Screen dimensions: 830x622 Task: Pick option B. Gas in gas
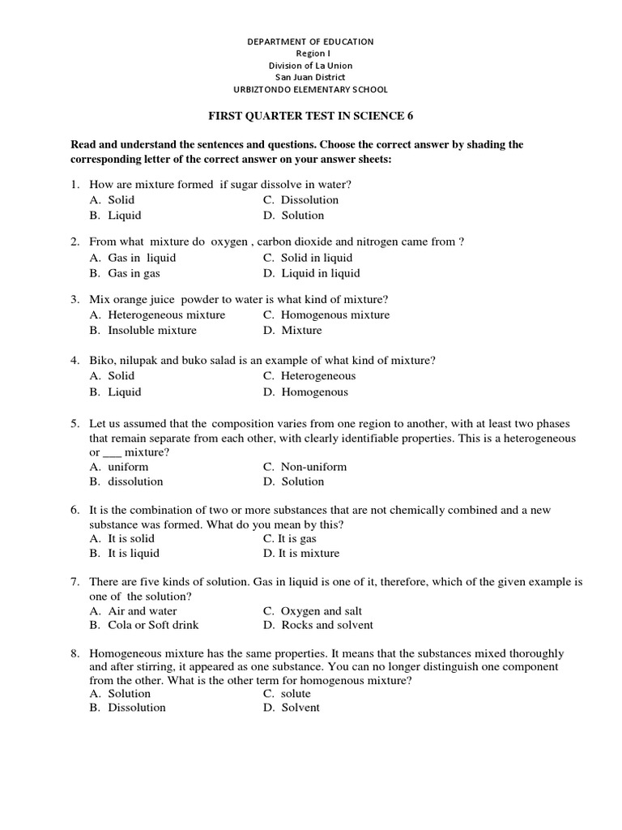click(x=125, y=273)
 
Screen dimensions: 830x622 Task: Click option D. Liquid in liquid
click(x=311, y=273)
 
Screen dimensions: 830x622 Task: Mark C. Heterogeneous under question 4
click(x=309, y=376)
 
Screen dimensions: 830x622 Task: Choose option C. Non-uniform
click(x=305, y=467)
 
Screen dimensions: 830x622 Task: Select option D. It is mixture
click(x=300, y=554)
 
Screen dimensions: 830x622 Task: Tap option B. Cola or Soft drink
click(x=144, y=625)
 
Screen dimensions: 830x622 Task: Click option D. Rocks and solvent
click(x=317, y=625)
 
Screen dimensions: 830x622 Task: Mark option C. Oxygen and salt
click(x=312, y=611)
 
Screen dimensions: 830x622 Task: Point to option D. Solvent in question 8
click(x=291, y=708)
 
